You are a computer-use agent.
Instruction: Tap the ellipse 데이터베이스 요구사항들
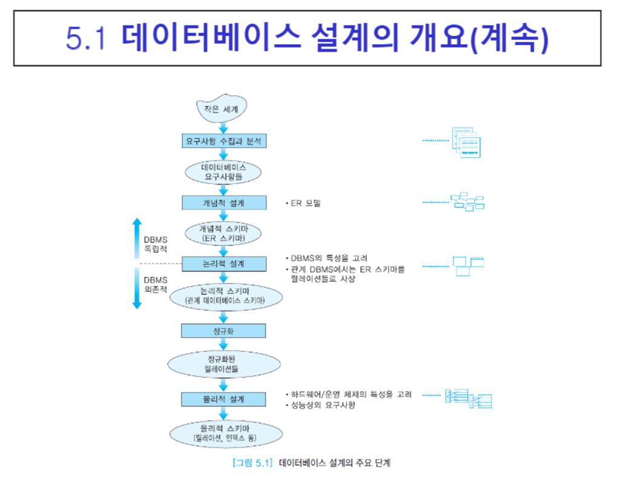point(223,171)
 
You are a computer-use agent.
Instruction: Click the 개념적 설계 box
point(223,203)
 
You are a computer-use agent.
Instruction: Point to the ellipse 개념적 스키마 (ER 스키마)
point(223,233)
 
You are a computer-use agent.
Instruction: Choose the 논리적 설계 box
point(223,264)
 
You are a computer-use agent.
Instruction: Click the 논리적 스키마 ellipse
point(225,296)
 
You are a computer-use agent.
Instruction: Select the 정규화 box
point(223,331)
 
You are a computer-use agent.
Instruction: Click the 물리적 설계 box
point(223,400)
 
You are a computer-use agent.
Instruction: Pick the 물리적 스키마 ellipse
point(225,432)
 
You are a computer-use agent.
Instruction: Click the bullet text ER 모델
point(304,203)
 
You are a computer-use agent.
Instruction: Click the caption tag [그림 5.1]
point(251,464)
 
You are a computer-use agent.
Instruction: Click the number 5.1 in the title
point(86,38)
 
